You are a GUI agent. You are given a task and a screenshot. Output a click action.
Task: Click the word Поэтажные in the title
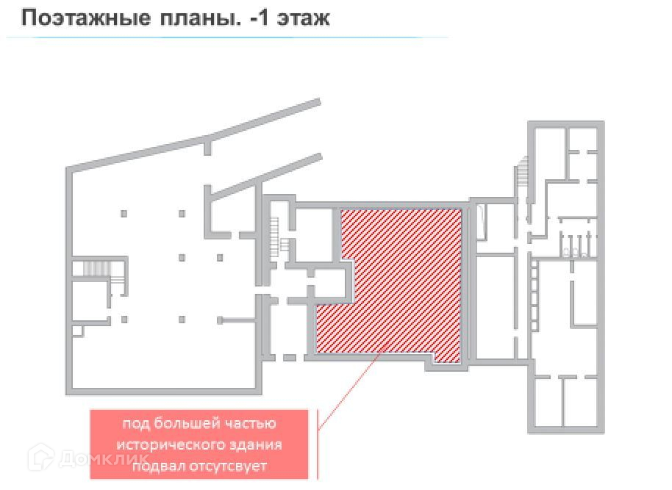coord(82,18)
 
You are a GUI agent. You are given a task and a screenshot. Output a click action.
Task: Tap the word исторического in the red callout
coord(168,445)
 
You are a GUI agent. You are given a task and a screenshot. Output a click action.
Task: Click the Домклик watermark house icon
coord(40,458)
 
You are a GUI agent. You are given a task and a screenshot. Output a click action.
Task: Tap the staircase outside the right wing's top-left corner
coord(523,173)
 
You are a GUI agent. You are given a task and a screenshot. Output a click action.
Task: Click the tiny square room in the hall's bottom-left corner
coord(78,331)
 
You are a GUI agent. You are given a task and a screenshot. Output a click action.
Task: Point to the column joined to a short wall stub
coord(220,320)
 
